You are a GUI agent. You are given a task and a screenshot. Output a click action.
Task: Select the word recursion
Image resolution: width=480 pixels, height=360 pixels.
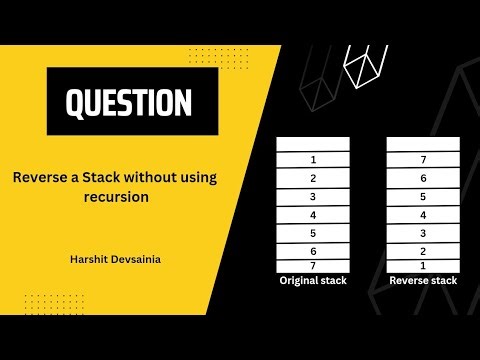pyautogui.click(x=116, y=198)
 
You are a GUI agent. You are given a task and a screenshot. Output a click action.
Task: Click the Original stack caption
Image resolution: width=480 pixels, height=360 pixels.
pyautogui.click(x=313, y=281)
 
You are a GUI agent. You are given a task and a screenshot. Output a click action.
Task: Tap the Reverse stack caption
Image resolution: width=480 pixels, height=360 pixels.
pyautogui.click(x=424, y=281)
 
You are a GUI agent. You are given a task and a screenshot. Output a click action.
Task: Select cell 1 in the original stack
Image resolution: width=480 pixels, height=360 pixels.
pyautogui.click(x=313, y=159)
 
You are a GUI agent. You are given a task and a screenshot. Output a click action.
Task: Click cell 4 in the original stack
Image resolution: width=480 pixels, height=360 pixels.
pyautogui.click(x=313, y=214)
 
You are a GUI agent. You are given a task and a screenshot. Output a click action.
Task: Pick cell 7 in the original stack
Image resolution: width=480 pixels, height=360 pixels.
pyautogui.click(x=313, y=266)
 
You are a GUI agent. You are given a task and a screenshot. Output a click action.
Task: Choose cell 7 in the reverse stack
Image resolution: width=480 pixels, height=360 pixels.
pyautogui.click(x=424, y=159)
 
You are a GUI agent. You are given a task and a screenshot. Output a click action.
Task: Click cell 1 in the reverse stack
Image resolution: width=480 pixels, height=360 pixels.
pyautogui.click(x=424, y=266)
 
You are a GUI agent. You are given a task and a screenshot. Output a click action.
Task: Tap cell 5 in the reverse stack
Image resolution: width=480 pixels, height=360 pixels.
pyautogui.click(x=424, y=196)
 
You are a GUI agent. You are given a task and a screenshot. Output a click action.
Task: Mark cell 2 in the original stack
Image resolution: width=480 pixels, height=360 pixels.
pyautogui.click(x=313, y=178)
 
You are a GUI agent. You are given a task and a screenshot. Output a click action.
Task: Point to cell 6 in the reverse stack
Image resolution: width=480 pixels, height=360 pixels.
pyautogui.click(x=424, y=178)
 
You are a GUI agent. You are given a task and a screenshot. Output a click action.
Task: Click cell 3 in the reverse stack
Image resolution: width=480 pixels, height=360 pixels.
pyautogui.click(x=424, y=233)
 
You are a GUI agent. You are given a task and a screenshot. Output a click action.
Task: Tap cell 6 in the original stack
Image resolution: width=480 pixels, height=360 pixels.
pyautogui.click(x=313, y=251)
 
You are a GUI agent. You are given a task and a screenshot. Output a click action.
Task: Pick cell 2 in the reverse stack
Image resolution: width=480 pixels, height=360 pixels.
pyautogui.click(x=424, y=251)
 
